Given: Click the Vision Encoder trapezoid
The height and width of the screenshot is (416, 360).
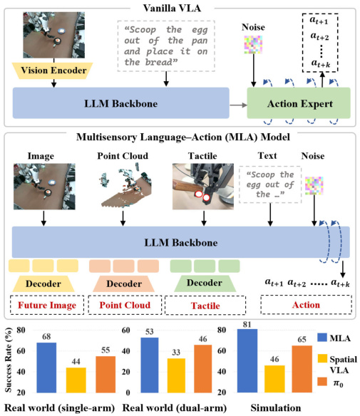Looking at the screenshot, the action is click(52, 71).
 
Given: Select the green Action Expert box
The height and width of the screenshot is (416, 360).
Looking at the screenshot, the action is click(299, 103).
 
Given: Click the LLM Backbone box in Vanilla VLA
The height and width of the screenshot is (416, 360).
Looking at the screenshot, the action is click(121, 103).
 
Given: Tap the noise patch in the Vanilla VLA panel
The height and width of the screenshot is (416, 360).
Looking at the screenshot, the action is click(253, 45).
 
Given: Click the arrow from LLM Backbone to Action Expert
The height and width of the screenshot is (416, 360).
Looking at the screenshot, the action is click(238, 105).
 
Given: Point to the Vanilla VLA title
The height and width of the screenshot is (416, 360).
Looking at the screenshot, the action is click(172, 8).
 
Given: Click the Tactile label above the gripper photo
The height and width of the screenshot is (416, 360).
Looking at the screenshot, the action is click(202, 156).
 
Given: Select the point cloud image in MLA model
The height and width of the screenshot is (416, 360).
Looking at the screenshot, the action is click(125, 186).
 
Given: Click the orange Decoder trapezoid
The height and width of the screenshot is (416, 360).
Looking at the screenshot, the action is click(124, 284).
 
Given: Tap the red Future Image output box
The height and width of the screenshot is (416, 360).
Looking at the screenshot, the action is click(47, 305).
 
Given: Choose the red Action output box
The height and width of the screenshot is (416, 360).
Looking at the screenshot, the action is click(306, 305).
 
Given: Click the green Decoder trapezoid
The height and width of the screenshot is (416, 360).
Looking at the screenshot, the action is click(205, 283).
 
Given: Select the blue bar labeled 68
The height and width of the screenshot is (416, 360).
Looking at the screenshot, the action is click(46, 368).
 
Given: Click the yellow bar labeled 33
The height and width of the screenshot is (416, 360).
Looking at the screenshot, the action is click(176, 375).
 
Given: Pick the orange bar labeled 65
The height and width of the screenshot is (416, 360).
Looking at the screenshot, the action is click(302, 369).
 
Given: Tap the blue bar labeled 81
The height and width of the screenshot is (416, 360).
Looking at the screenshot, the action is click(247, 361).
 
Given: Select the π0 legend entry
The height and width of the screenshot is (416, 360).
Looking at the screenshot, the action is click(331, 383).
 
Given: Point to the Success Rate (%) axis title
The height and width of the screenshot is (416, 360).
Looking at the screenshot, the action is click(9, 360).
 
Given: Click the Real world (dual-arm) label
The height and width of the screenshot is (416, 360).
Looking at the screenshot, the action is click(174, 407).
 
